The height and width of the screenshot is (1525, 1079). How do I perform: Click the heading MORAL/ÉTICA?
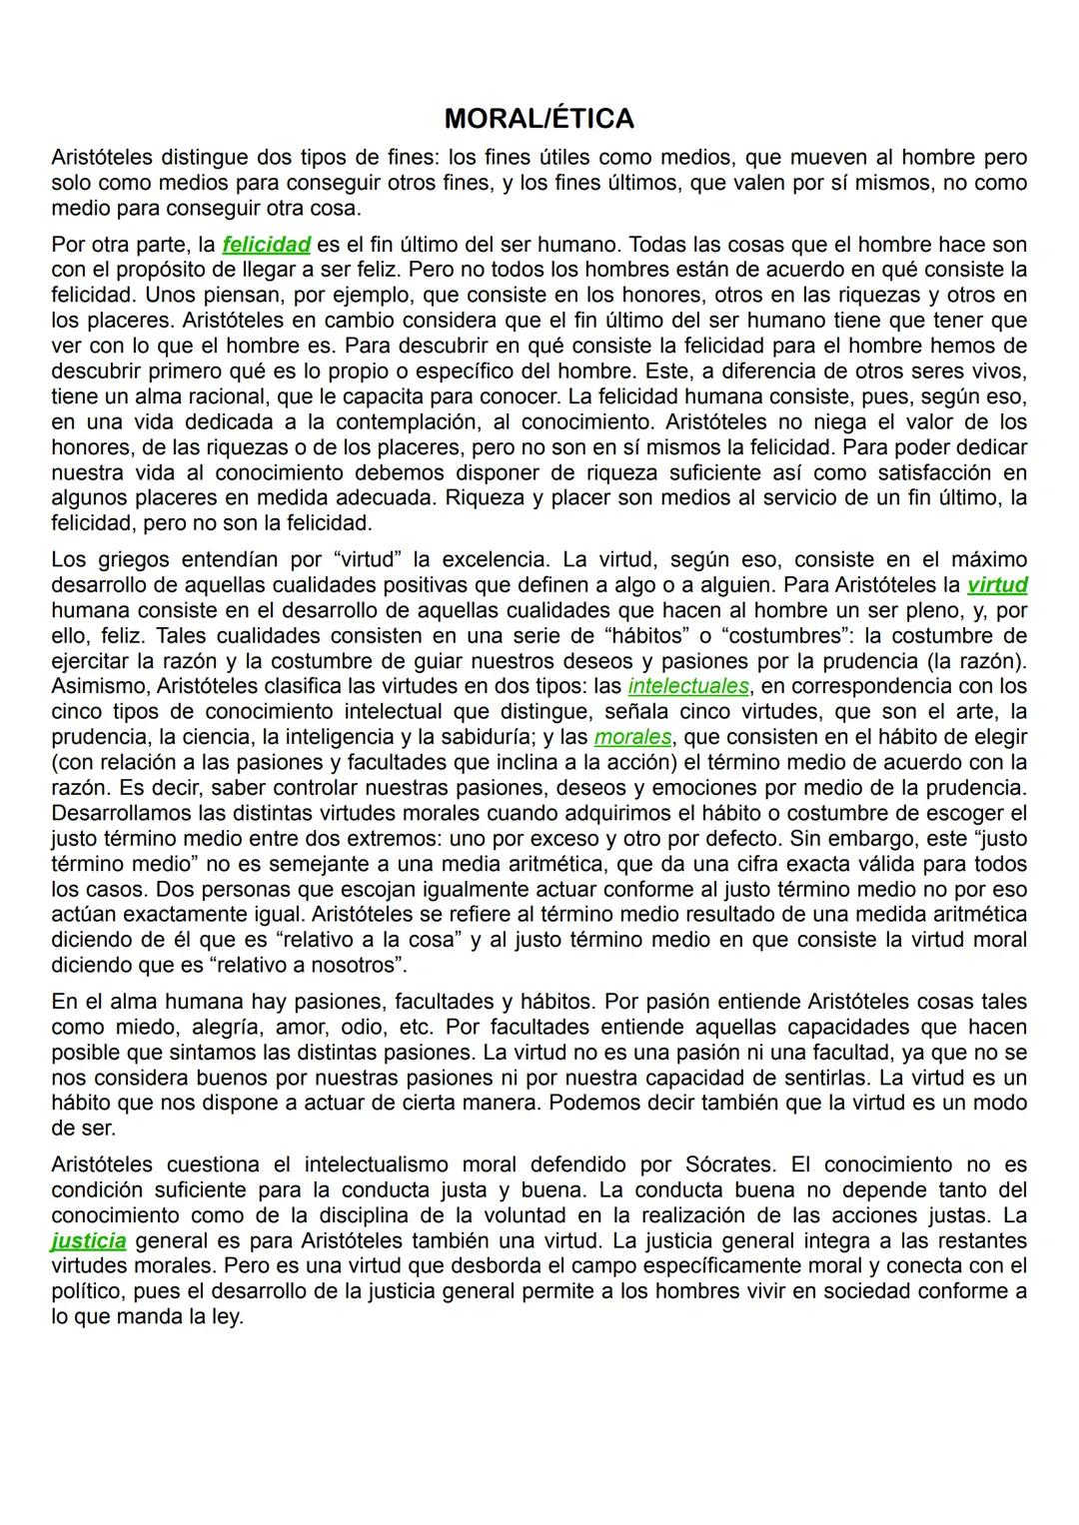pos(539,119)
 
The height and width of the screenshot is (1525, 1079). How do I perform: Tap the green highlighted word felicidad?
pos(266,245)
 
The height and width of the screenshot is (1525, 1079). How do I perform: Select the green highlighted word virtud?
pos(997,585)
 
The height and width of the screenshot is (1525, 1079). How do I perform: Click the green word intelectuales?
pos(688,686)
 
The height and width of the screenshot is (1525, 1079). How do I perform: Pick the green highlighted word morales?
pos(633,737)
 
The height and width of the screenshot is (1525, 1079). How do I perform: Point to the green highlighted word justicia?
pos(89,1241)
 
